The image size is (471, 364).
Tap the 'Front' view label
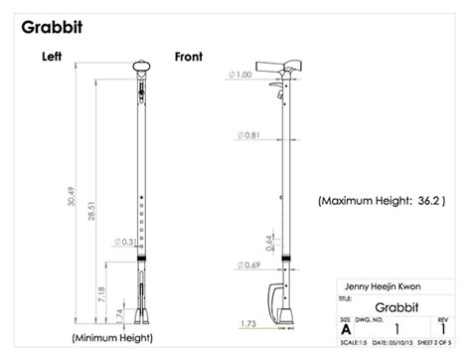coord(189,57)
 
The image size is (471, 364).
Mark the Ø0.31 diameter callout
coord(124,242)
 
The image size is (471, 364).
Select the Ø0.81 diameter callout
coord(249,134)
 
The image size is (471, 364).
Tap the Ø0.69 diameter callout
coord(249,265)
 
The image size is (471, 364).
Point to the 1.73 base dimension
coord(249,324)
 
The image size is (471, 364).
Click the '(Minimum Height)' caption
coord(112,339)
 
